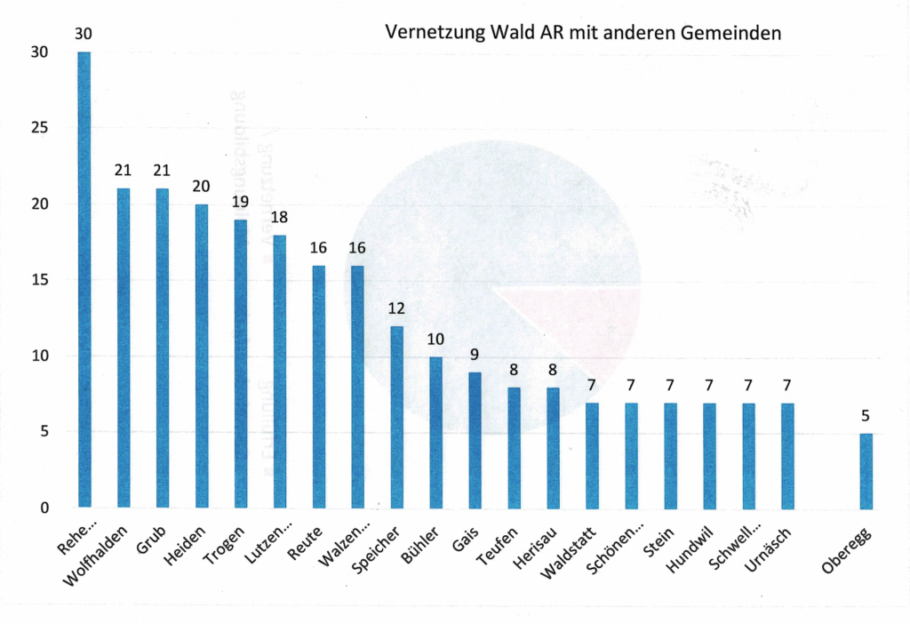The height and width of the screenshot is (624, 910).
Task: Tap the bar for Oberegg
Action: (866, 470)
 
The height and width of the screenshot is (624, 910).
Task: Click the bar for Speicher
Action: (397, 417)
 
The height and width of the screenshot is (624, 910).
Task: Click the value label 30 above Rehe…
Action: (84, 34)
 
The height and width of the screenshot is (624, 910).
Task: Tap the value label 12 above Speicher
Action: (397, 308)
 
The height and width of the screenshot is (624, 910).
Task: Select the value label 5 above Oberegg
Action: (866, 415)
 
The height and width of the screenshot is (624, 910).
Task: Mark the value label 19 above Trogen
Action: (241, 202)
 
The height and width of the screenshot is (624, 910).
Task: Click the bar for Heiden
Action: (202, 356)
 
